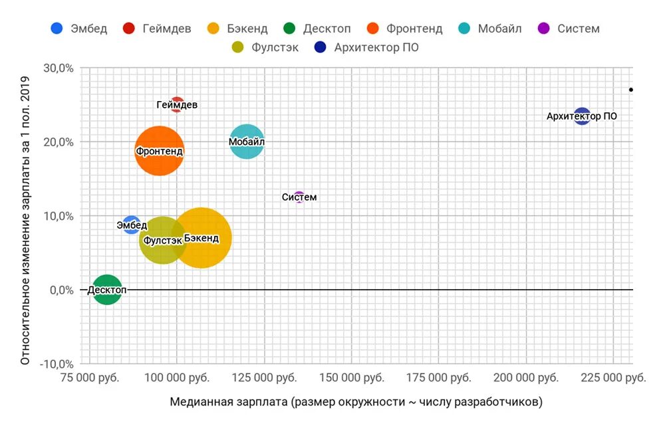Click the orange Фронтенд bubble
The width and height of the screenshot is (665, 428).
(159, 151)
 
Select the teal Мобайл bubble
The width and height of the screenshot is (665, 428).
(247, 142)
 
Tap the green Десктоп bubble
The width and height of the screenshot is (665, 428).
(107, 290)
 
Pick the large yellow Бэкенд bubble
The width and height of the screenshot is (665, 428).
(201, 238)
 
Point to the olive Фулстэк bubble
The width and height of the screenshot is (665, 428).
(162, 240)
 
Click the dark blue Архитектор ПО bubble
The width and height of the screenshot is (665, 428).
(582, 116)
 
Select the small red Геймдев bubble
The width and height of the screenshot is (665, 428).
(177, 104)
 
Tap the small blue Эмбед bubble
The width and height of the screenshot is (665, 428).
(132, 225)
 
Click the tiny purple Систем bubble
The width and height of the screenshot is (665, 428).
(299, 197)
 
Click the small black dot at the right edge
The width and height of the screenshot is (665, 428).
(631, 90)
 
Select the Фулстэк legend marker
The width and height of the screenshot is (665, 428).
(238, 47)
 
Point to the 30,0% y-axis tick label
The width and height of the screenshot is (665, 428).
(58, 68)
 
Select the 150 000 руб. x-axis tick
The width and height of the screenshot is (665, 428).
(351, 378)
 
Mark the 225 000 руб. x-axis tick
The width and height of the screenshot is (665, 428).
(613, 378)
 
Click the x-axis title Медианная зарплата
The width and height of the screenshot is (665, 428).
(356, 402)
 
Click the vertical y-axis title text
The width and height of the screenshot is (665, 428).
(25, 216)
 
